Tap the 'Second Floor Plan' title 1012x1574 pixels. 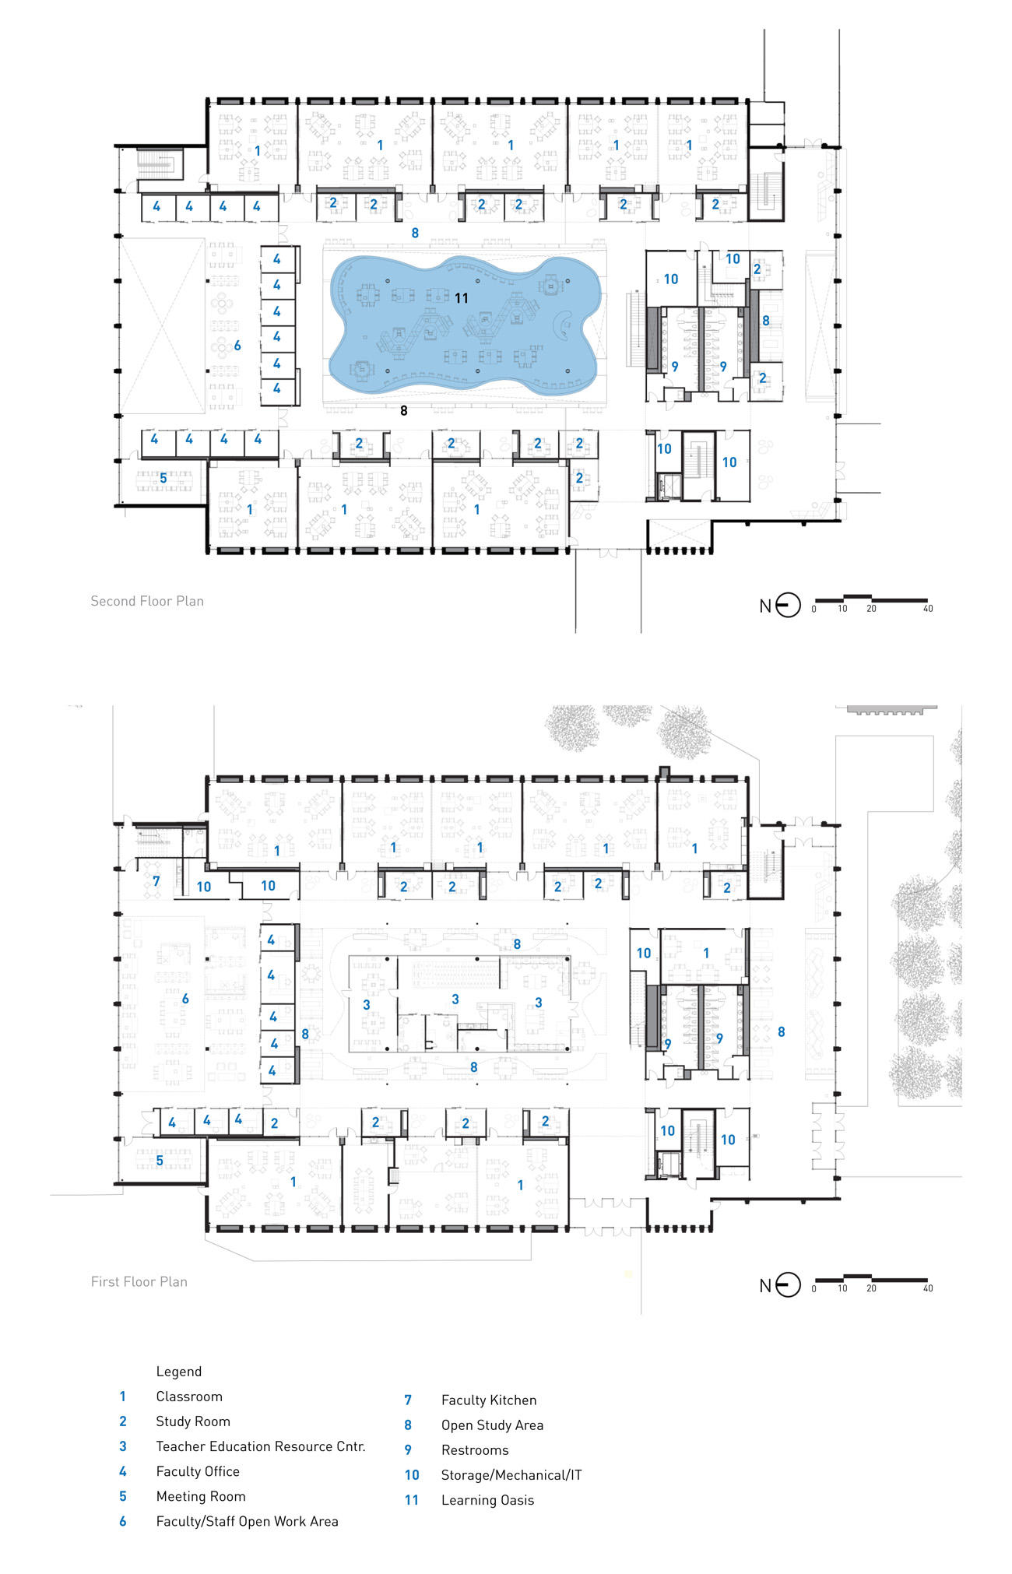click(147, 601)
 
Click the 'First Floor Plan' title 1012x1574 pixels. click(139, 1281)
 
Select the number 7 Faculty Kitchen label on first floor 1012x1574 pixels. click(156, 881)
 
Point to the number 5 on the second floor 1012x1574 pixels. click(163, 478)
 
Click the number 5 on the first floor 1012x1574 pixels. click(160, 1161)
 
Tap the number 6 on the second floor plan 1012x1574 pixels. click(237, 346)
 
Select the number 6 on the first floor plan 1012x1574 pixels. click(185, 999)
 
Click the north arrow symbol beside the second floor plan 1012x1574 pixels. click(788, 605)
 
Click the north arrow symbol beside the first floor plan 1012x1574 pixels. click(788, 1284)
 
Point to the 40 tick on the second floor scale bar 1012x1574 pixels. click(928, 609)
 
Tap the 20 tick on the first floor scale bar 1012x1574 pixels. click(871, 1288)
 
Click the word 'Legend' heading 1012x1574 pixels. click(179, 1372)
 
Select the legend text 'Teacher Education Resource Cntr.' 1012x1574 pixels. click(261, 1446)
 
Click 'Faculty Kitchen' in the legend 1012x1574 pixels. click(489, 1400)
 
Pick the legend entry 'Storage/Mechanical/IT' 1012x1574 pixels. click(511, 1475)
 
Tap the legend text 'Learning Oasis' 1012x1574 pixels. click(487, 1500)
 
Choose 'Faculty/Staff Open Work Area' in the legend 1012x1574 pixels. click(247, 1521)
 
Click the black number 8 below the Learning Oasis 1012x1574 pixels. click(403, 411)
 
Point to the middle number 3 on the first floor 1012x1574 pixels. click(455, 1000)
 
